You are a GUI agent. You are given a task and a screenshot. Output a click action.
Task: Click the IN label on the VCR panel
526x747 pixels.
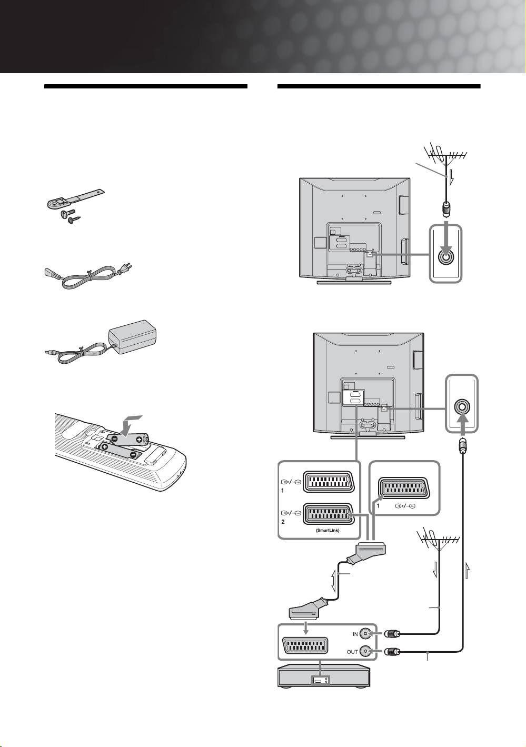coord(355,634)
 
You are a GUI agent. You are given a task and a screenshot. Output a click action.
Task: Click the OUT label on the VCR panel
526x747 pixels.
coord(352,652)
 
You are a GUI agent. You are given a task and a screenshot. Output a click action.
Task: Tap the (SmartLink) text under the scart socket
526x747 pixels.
coord(327,531)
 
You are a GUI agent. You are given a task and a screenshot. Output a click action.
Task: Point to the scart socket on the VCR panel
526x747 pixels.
coord(306,646)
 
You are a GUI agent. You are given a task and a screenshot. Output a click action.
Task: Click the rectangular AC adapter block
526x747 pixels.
coord(132,335)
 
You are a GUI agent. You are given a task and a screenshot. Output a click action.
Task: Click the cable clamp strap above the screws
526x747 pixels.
coord(75,199)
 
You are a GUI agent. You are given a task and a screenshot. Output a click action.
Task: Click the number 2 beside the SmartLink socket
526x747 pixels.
coord(283,522)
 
